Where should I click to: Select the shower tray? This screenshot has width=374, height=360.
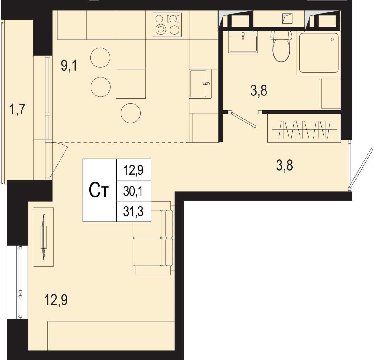319,53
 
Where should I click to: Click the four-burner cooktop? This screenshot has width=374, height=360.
167,25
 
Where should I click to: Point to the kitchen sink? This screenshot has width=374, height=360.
200,84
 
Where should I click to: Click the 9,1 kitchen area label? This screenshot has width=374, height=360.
69,66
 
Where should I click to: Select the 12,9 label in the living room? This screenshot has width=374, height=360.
56,300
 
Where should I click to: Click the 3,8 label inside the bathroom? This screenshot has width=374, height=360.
259,90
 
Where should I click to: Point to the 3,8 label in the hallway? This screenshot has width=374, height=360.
285,165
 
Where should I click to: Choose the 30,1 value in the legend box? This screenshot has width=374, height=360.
133,191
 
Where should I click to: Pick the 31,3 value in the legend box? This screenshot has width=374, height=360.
133,211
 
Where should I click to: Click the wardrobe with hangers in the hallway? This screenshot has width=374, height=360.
304,128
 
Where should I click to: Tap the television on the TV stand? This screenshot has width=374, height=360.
44,237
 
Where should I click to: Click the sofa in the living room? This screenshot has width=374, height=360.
153,238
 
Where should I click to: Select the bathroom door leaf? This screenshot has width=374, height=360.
244,120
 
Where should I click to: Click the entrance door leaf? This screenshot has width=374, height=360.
361,168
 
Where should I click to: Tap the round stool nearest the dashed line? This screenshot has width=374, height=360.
131,113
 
